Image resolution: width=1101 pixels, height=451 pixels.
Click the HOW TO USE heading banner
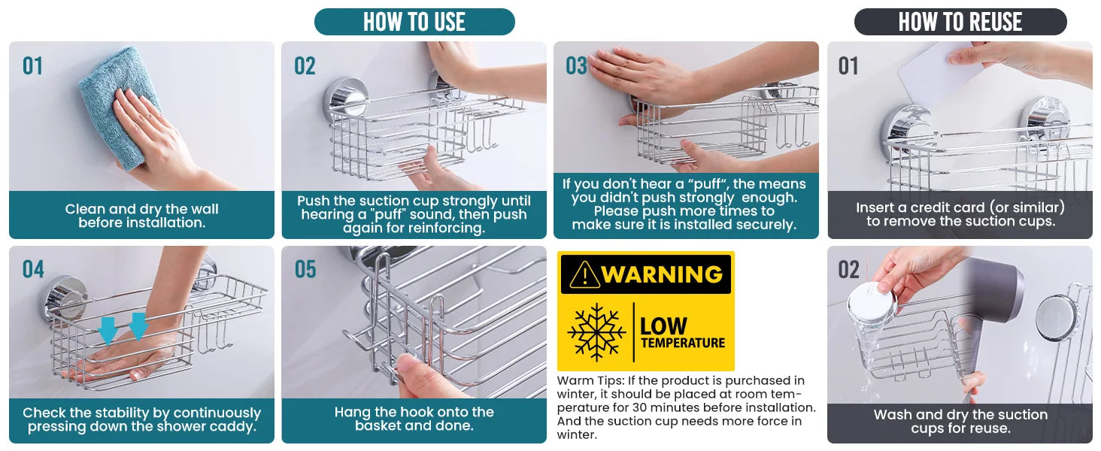click(x=414, y=22)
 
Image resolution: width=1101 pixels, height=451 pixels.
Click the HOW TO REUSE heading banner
click(x=960, y=22)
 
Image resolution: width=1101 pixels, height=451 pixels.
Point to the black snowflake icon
click(x=596, y=332)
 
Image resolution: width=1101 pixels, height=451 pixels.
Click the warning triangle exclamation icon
click(x=584, y=274)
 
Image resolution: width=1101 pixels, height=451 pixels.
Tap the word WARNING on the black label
click(x=662, y=274)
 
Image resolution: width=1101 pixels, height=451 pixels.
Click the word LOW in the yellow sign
click(x=663, y=325)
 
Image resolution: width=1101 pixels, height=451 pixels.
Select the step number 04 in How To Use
click(x=33, y=269)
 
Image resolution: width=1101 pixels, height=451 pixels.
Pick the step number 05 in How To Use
click(x=305, y=269)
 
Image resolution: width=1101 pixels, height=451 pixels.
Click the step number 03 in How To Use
click(x=576, y=66)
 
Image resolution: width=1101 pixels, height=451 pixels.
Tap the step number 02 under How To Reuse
click(x=848, y=270)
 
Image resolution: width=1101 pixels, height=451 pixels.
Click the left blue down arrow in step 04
click(x=108, y=330)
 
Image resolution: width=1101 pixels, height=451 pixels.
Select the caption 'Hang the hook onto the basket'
click(x=414, y=419)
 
